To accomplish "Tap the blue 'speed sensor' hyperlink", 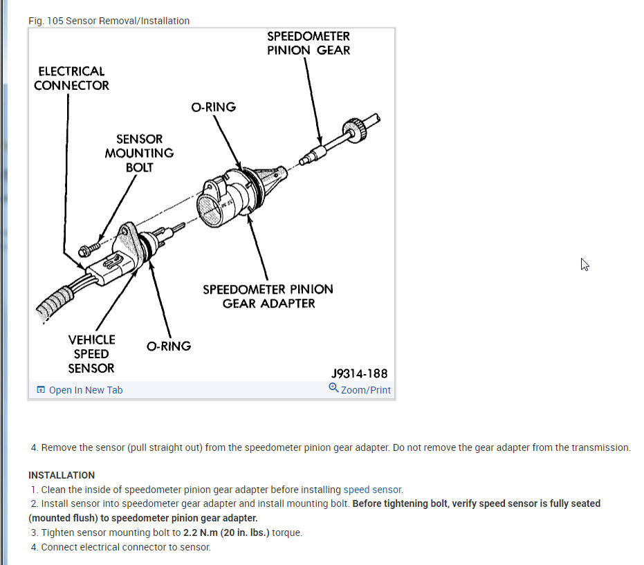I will [372, 490].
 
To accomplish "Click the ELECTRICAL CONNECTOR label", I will [71, 78].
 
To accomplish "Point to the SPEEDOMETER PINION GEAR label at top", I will [309, 43].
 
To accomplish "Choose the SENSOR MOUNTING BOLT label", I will [139, 153].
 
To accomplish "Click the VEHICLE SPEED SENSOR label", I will [91, 353].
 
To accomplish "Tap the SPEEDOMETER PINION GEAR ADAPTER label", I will [268, 296].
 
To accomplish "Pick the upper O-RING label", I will [213, 107].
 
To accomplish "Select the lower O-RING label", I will [168, 346].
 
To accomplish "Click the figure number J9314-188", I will [359, 373].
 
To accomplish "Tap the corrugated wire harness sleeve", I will [50, 304].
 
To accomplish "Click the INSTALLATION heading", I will [62, 475].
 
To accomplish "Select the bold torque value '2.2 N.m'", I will [201, 532].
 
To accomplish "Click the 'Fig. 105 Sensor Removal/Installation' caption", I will [109, 21].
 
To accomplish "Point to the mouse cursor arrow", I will [585, 264].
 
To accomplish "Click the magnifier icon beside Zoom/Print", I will [334, 389].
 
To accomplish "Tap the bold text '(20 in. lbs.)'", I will [248, 532].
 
